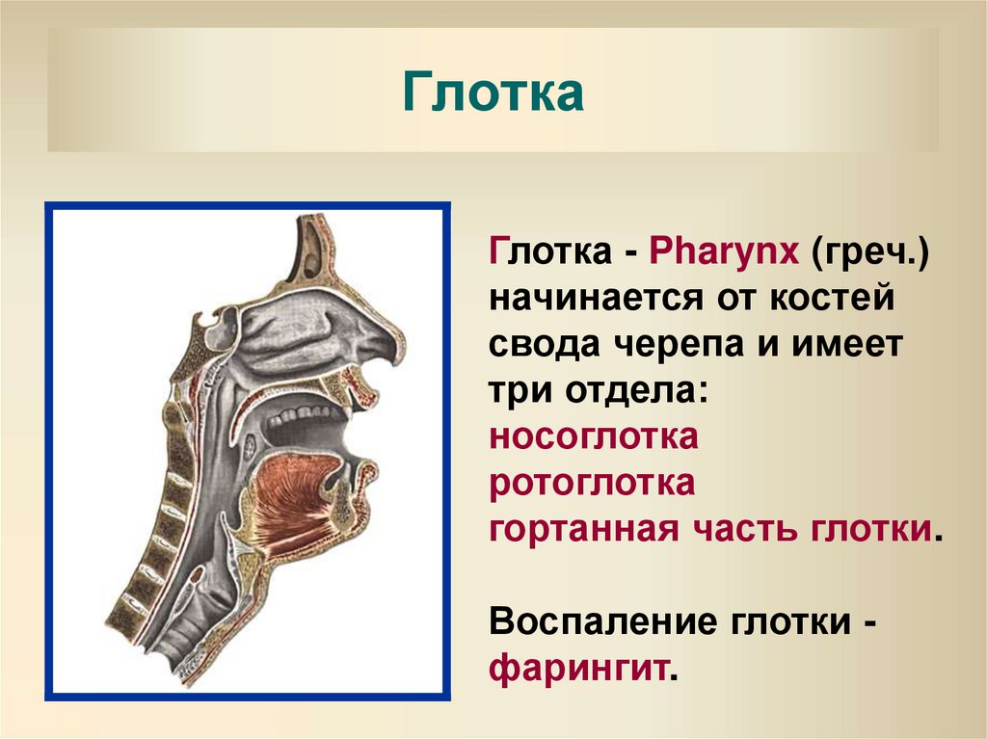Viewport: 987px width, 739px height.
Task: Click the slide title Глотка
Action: point(493,93)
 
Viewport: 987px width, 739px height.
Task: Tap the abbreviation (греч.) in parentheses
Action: point(868,254)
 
